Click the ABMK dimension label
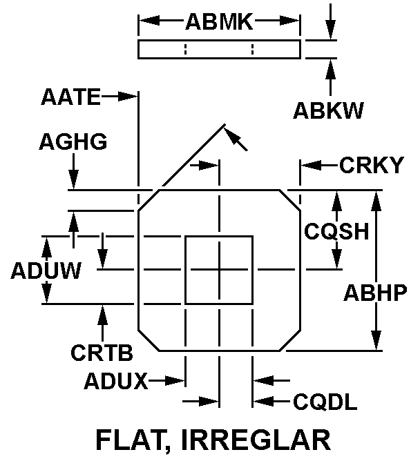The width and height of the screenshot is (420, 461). [x=219, y=22]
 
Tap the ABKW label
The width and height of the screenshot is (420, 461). [x=328, y=110]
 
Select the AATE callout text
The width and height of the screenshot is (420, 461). [x=70, y=97]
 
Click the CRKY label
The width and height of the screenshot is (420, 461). [x=371, y=166]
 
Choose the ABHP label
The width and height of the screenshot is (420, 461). [x=375, y=293]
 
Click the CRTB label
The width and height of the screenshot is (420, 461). [x=101, y=351]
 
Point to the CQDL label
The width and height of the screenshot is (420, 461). [x=325, y=402]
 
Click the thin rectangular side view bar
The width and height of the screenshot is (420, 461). [x=219, y=50]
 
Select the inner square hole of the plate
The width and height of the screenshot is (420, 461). [x=219, y=270]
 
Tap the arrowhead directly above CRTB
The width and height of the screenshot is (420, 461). [x=103, y=313]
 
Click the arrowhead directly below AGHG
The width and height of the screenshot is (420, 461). [x=74, y=181]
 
